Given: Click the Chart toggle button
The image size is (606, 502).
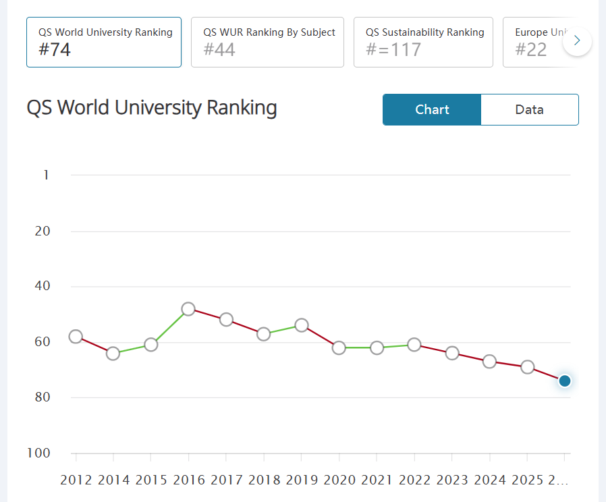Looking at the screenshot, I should click(432, 109).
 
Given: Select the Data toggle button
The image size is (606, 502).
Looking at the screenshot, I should click(529, 109).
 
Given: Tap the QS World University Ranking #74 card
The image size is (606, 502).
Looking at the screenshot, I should click(104, 42).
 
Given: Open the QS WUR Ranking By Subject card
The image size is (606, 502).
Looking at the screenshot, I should click(267, 42).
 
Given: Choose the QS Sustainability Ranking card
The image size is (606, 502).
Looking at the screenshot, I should click(423, 42).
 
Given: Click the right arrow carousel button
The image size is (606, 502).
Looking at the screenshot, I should click(577, 41).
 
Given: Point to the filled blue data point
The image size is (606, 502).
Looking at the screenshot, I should click(566, 381).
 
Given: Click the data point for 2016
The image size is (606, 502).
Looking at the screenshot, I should click(188, 309).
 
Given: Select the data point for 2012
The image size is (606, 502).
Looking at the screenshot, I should click(76, 337).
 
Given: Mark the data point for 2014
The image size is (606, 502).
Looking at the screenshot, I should click(113, 353).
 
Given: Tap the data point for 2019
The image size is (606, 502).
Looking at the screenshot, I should click(302, 325).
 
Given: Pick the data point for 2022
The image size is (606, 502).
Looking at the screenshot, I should click(414, 345).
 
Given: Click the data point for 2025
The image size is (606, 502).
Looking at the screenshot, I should click(528, 367).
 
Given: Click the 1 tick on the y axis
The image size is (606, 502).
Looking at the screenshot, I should click(46, 175).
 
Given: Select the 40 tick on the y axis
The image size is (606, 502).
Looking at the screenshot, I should click(42, 286).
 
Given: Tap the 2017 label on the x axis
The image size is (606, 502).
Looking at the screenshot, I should click(227, 480).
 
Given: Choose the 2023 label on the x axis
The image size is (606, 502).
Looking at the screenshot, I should click(452, 480).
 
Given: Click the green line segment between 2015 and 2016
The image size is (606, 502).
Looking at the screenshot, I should click(170, 327).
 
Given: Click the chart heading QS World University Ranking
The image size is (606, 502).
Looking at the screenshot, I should click(152, 108).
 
